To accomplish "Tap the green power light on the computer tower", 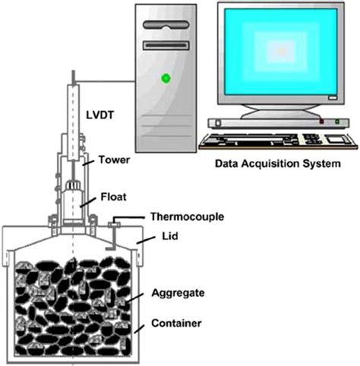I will pos(163,77).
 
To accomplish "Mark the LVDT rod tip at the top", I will pos(73,75).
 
